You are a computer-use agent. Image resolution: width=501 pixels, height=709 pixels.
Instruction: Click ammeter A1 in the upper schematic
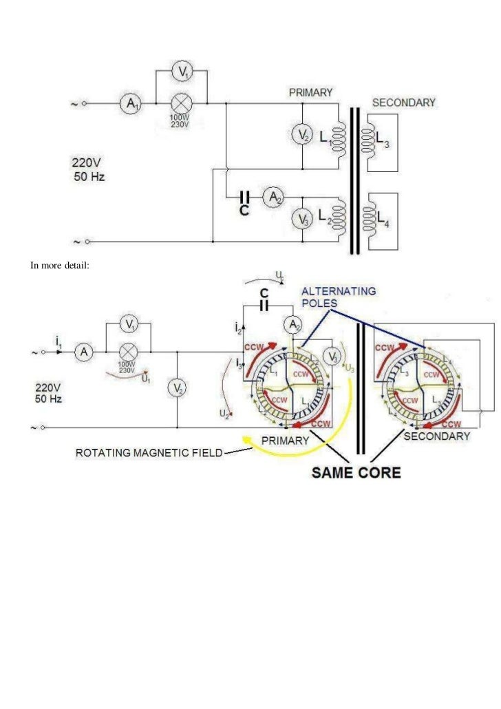point(129,104)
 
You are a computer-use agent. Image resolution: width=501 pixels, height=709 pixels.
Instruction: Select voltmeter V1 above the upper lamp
point(182,72)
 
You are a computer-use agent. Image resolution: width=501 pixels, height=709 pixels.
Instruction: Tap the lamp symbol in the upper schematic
point(182,104)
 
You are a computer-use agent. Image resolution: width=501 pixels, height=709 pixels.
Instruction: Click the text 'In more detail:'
point(59,265)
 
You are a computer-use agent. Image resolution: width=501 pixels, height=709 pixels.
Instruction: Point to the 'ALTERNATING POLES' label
point(339,297)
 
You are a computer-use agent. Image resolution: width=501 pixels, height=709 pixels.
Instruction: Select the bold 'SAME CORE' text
point(356,473)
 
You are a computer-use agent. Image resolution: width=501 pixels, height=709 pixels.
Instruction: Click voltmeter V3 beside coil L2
point(303,218)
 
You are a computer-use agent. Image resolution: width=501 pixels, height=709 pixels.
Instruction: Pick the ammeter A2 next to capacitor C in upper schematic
point(275,198)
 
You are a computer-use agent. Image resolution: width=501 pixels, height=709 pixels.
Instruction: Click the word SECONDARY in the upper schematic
point(403,103)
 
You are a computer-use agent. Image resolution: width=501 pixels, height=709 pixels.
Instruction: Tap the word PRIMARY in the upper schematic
point(310,92)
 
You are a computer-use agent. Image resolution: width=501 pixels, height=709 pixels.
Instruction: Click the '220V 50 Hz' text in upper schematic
point(89,169)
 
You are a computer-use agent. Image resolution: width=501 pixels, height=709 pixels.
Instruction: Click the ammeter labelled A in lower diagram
point(85,352)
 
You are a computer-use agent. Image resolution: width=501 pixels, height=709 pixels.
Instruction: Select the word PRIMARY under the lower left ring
point(284,441)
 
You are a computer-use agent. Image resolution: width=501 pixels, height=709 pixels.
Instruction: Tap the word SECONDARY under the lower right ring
point(436,436)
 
